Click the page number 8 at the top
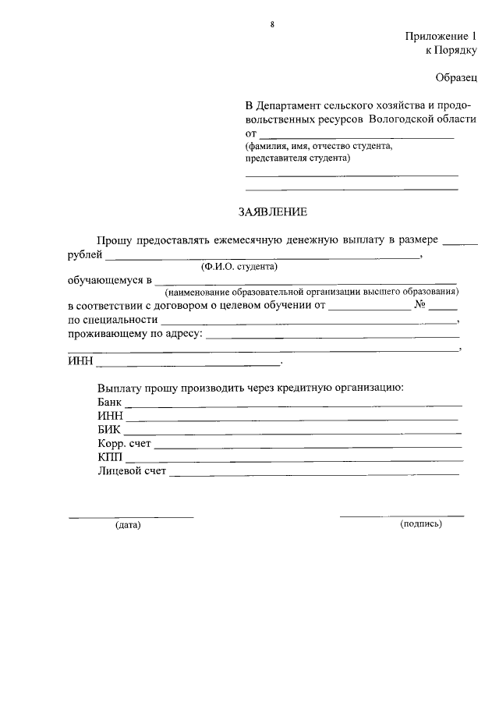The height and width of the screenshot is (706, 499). click(272, 25)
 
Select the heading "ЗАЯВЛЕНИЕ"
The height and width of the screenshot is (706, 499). click(273, 211)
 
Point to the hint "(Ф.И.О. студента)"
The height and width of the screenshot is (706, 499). click(239, 266)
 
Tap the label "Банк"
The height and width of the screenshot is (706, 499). click(111, 402)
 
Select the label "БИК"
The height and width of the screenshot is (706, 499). click(109, 430)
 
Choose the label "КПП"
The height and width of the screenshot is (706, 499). click(110, 458)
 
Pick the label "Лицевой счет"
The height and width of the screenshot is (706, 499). click(132, 472)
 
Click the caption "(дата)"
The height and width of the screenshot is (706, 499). click(128, 525)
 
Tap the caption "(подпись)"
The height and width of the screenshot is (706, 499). click(421, 524)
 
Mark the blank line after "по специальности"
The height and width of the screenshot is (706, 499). click(309, 322)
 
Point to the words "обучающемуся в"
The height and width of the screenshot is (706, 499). click(108, 279)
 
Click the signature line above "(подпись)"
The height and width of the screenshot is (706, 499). click(402, 516)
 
